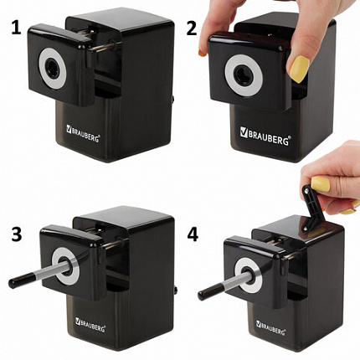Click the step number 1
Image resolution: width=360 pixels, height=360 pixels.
pos(17,29)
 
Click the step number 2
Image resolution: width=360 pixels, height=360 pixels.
pos(192,29)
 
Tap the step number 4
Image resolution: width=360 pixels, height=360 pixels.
pos(193,234)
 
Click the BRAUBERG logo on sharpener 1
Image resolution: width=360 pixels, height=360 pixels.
pos(83,133)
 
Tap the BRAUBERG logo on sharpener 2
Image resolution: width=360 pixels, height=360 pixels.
pos(265,136)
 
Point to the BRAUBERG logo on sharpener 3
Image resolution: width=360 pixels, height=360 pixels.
pos(90,325)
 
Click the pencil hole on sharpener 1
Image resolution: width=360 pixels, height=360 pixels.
pos(52,68)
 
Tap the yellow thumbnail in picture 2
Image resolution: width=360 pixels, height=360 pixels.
pos(300,69)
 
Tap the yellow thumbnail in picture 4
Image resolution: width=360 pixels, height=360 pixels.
pos(321,184)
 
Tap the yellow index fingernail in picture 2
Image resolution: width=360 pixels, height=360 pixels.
pos(202,53)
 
